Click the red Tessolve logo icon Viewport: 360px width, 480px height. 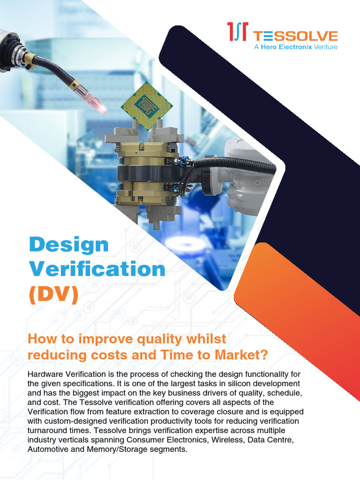238,32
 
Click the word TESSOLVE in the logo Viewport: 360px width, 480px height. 295,36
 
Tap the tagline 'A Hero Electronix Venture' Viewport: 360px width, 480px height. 295,47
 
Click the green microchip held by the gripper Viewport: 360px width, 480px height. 147,105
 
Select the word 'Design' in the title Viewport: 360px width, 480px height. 68,244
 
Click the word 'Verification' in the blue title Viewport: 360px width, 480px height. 97,269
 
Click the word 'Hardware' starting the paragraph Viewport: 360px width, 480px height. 48,374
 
